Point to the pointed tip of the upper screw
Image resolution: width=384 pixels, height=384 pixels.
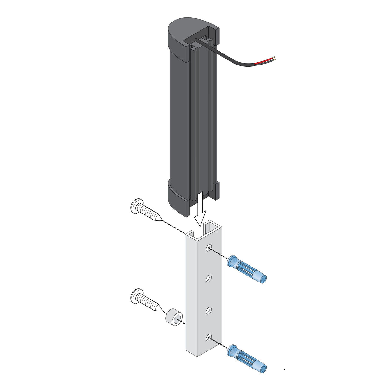[161, 220]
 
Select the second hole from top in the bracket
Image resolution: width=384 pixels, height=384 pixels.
[208, 278]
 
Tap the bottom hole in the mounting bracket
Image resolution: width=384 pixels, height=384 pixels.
[208, 338]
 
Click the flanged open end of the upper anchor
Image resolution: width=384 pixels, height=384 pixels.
[232, 261]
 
